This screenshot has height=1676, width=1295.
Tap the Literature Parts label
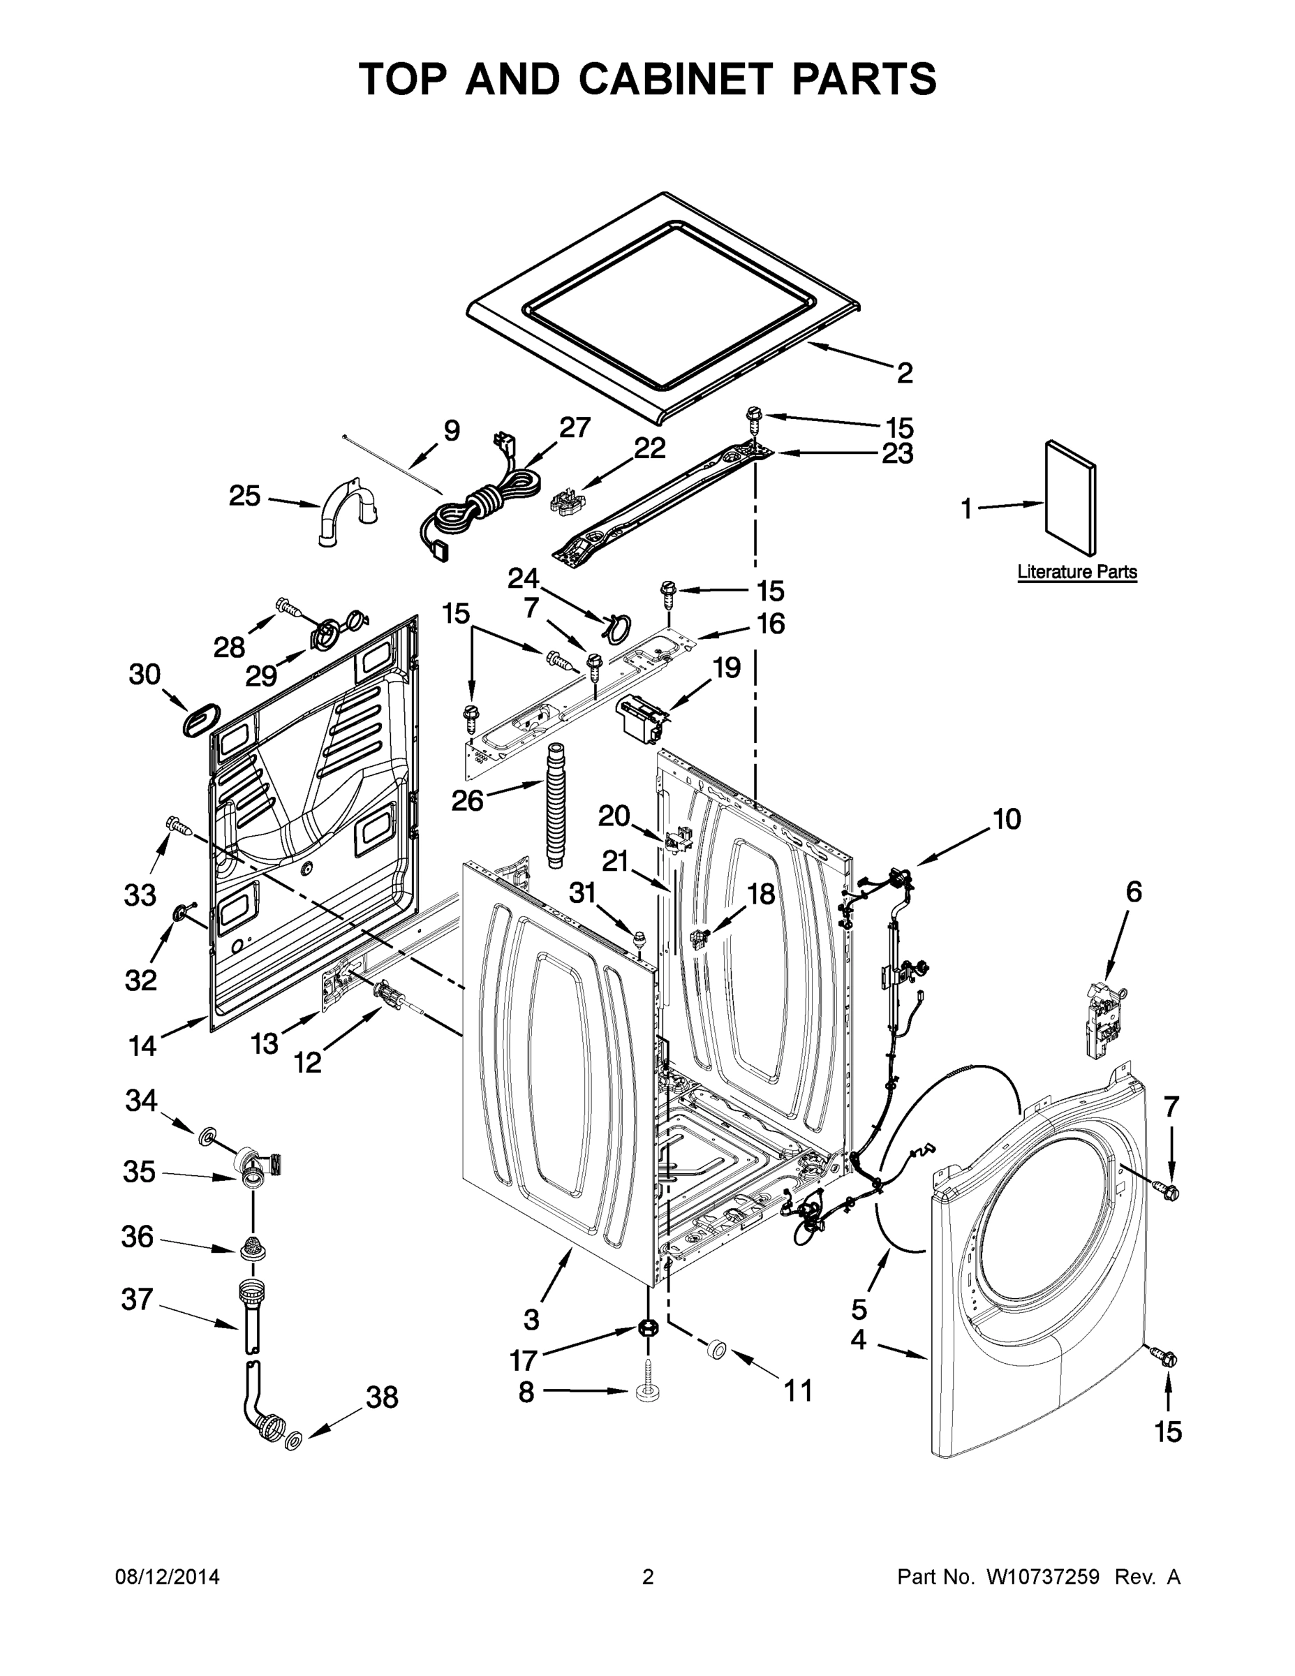click(x=1076, y=572)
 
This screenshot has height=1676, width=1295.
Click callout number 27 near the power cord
click(x=575, y=427)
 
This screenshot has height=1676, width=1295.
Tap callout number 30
click(x=145, y=675)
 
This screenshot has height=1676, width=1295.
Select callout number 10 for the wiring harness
click(x=1007, y=820)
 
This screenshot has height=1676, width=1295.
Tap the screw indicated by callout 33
click(x=177, y=825)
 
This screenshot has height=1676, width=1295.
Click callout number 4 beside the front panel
click(x=859, y=1340)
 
